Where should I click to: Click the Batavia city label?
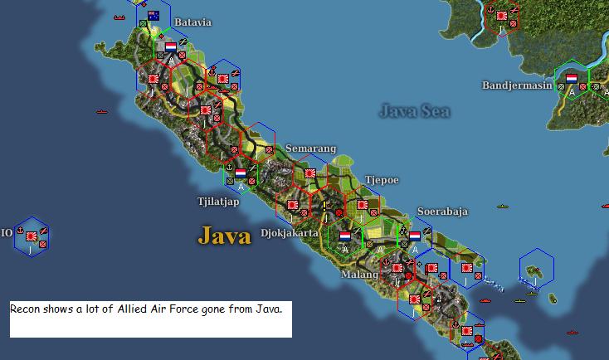click(192, 22)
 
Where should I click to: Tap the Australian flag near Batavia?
click(153, 16)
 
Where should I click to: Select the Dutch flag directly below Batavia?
click(171, 46)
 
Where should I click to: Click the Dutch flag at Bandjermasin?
click(572, 79)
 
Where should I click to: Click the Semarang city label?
click(310, 148)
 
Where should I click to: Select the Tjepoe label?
click(382, 180)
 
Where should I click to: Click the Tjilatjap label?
click(218, 201)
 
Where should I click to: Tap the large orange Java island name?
click(224, 236)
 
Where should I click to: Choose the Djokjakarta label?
click(290, 233)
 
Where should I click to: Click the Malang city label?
click(358, 274)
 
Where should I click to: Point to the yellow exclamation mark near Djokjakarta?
click(324, 203)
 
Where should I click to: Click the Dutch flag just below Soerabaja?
click(414, 236)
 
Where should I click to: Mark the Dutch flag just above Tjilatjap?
click(241, 173)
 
